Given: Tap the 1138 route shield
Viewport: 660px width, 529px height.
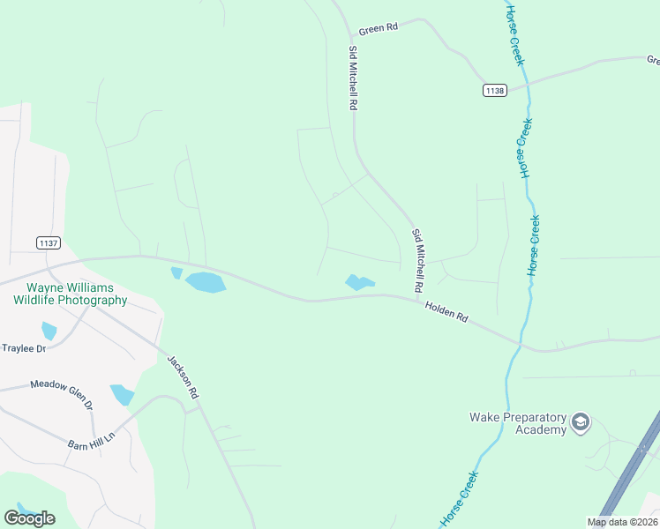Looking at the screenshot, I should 495,90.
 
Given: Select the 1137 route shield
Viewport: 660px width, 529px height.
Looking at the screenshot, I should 48,242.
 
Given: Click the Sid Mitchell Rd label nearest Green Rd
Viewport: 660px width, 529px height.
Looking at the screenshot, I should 353,78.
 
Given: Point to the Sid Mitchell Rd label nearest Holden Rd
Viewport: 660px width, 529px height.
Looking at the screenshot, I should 417,261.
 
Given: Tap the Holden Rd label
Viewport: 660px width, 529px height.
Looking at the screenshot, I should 446,311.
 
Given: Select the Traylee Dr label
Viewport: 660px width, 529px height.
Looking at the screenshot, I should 24,348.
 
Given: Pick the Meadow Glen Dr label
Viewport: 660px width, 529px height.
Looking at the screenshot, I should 61,392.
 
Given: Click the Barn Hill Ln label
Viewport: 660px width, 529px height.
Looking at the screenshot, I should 92,440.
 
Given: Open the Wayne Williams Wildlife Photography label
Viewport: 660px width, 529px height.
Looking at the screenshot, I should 71,294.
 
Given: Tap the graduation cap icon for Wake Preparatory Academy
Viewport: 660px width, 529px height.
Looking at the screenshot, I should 581,423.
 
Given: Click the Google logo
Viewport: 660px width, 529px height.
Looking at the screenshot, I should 29,518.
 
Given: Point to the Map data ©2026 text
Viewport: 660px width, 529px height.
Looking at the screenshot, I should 621,522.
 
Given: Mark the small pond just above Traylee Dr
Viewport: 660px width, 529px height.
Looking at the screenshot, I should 49,331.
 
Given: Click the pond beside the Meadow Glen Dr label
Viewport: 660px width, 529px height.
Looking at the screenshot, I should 121,394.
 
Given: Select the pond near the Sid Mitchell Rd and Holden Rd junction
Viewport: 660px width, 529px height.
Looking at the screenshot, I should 358,283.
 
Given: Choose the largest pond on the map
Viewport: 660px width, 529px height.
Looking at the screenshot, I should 205,282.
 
